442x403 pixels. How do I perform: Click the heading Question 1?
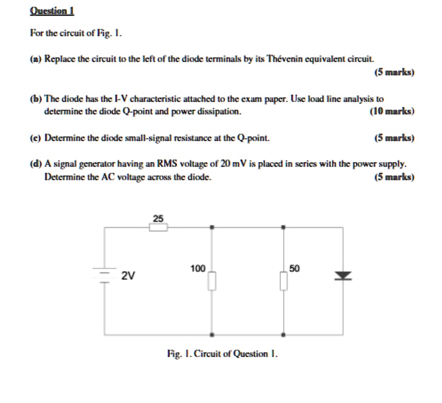pos(52,11)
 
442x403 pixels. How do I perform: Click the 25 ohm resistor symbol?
pos(159,228)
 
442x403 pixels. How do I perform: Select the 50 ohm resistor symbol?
pos(283,281)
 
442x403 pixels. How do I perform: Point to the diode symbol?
pos(343,276)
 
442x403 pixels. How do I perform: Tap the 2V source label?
pos(128,276)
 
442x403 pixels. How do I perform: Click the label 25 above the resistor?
pos(158,218)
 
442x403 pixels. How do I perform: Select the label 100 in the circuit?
pos(198,269)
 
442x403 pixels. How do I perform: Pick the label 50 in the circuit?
pos(294,269)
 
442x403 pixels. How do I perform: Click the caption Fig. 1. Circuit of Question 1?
pos(222,354)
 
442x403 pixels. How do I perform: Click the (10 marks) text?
pos(392,112)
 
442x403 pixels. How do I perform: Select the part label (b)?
pos(35,99)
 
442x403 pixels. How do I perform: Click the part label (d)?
pos(35,164)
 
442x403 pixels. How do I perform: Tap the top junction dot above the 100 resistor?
pos(212,228)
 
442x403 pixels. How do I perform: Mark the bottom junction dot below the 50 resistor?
pos(283,334)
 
